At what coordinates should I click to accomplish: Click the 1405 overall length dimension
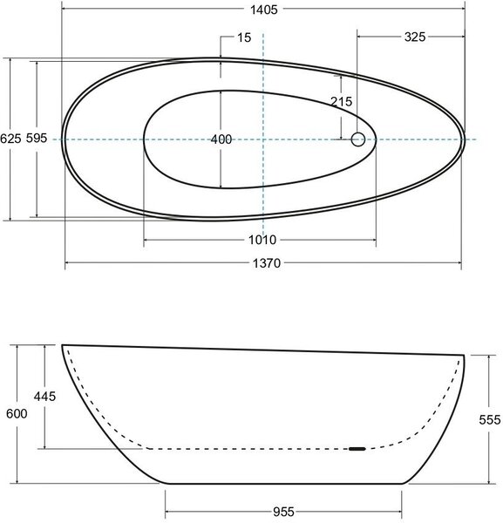(264, 10)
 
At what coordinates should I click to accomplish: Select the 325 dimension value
(415, 37)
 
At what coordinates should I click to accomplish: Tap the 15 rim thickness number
(244, 37)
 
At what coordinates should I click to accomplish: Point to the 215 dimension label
(341, 101)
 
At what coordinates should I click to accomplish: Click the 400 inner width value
(221, 139)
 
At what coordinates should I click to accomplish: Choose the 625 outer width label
(10, 139)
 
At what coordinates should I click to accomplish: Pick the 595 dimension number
(37, 138)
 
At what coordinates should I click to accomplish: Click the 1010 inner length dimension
(262, 240)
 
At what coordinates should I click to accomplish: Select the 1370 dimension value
(267, 263)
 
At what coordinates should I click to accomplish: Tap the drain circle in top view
(358, 139)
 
